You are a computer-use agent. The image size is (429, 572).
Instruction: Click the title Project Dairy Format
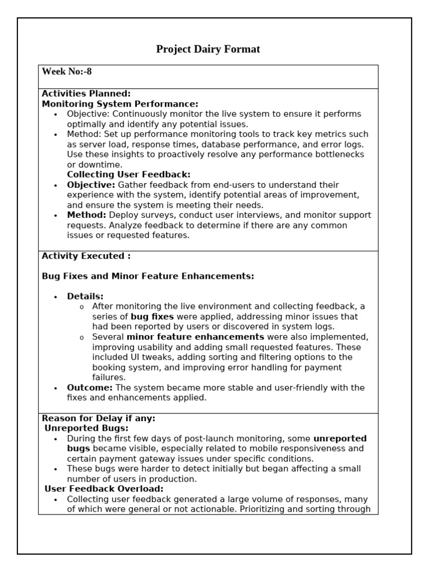click(208, 49)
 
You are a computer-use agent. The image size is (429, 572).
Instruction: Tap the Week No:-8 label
click(67, 71)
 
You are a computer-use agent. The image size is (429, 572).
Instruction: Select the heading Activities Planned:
click(86, 94)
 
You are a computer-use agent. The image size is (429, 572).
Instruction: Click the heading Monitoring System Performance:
click(120, 104)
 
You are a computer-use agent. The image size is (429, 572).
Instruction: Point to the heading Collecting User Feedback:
click(128, 175)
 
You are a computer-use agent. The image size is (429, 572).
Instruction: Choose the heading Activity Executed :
click(86, 256)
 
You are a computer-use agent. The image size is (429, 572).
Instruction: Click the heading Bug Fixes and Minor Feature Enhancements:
click(148, 276)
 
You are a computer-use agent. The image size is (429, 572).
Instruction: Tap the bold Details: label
click(85, 296)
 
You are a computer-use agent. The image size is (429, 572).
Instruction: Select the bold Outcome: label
click(89, 388)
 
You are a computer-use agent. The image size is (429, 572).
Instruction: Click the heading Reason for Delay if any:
click(99, 418)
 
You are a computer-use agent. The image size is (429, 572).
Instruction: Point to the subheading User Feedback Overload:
click(104, 489)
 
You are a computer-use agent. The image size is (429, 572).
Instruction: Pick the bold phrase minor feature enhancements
click(196, 337)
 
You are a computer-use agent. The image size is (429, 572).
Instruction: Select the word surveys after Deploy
click(155, 215)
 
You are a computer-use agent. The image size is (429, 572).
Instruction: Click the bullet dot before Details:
click(56, 297)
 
